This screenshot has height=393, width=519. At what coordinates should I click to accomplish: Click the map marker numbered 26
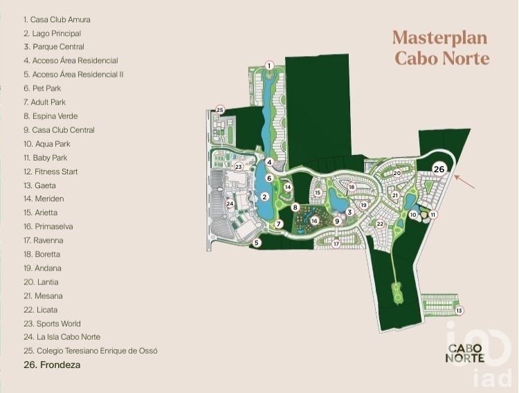pyautogui.click(x=439, y=170)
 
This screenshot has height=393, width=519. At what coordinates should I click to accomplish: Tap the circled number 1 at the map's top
pyautogui.click(x=269, y=66)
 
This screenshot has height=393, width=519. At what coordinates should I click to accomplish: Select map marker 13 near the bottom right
pyautogui.click(x=459, y=311)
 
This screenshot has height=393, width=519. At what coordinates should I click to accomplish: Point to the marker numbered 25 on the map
pyautogui.click(x=220, y=109)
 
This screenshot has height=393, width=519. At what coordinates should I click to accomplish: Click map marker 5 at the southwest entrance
pyautogui.click(x=256, y=243)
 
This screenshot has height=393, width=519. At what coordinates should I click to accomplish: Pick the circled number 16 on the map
pyautogui.click(x=314, y=221)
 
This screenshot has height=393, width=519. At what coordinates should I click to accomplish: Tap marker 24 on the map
pyautogui.click(x=230, y=204)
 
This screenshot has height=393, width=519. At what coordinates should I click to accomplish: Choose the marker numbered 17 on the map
pyautogui.click(x=336, y=244)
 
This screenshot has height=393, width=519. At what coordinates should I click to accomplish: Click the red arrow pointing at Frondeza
pyautogui.click(x=464, y=181)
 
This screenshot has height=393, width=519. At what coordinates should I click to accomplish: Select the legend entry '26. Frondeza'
pyautogui.click(x=52, y=365)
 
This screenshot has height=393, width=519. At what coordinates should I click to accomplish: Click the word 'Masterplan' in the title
pyautogui.click(x=440, y=37)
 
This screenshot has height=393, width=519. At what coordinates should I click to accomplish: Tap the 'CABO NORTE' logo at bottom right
pyautogui.click(x=465, y=353)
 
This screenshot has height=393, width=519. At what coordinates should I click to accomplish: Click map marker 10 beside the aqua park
pyautogui.click(x=413, y=214)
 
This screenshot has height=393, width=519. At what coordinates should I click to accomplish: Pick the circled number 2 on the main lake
pyautogui.click(x=264, y=197)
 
